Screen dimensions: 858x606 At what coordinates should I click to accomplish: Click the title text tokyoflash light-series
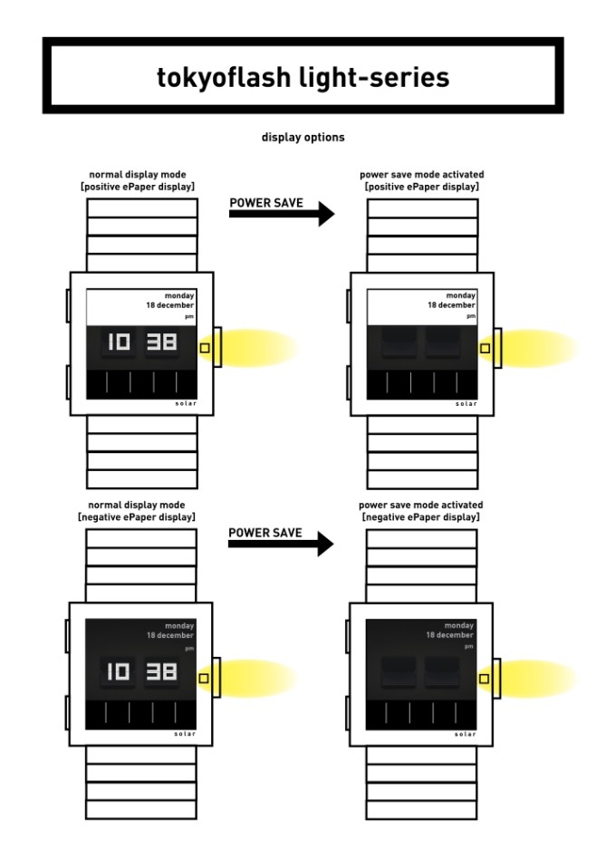[x=303, y=77]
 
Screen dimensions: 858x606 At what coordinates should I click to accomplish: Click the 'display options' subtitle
[x=303, y=139]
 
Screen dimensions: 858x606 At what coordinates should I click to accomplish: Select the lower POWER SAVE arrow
[x=282, y=545]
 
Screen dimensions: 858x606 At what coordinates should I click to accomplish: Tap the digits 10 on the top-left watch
[x=119, y=342]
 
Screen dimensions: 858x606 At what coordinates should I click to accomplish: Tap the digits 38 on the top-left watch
[x=163, y=342]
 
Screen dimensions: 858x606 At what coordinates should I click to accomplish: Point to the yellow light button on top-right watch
[x=485, y=347]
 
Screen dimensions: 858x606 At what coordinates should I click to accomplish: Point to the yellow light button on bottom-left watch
[x=204, y=678]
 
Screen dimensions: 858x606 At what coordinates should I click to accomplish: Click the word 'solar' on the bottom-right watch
[x=466, y=733]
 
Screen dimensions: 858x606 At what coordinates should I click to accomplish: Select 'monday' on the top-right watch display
[x=460, y=295]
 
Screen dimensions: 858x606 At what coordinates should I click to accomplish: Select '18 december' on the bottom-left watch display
[x=170, y=635]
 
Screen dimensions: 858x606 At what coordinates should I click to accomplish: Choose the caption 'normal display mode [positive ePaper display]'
[x=143, y=179]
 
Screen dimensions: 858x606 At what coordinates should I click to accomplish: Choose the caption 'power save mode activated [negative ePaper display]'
[x=421, y=510]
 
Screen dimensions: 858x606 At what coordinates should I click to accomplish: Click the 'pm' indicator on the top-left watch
[x=190, y=317]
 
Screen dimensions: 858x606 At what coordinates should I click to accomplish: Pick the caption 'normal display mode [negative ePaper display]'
[x=143, y=510]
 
